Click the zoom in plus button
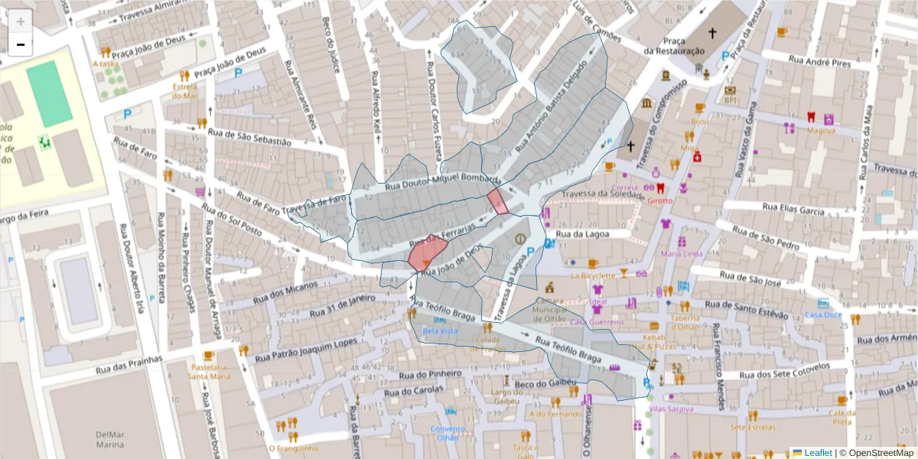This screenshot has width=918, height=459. coord(21,21)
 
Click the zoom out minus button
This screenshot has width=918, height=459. coord(21,44)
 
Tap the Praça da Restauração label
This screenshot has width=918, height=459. coord(673,45)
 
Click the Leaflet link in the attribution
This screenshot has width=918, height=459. coord(817,453)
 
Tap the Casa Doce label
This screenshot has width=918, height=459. coord(823,314)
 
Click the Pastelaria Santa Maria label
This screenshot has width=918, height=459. coord(209,371)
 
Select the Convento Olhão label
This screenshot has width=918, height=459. coord(447,433)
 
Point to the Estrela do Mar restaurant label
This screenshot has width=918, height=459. coord(184,90)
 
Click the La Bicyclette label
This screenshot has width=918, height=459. coord(593,275)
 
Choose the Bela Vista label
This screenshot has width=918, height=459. coord(440,330)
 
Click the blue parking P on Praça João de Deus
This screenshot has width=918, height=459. coord(239,74)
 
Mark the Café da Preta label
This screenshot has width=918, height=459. coord(842,417)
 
